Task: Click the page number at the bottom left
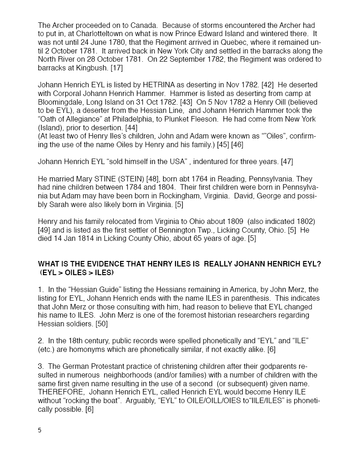pyautogui.click(x=40, y=430)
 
